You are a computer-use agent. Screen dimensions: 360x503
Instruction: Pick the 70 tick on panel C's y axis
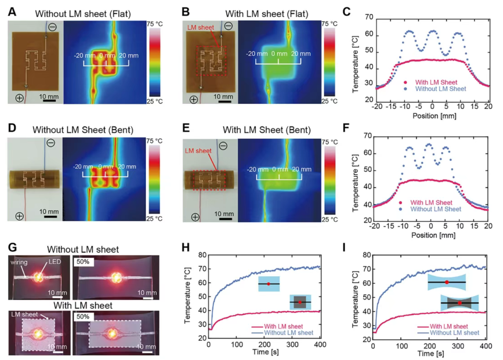[x=369, y=18]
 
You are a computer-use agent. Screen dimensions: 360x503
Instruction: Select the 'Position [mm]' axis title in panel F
[x=431, y=235]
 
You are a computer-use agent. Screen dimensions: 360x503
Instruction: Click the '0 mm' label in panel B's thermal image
[x=279, y=54]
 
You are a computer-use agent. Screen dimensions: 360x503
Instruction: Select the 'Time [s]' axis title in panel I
[x=428, y=354]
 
